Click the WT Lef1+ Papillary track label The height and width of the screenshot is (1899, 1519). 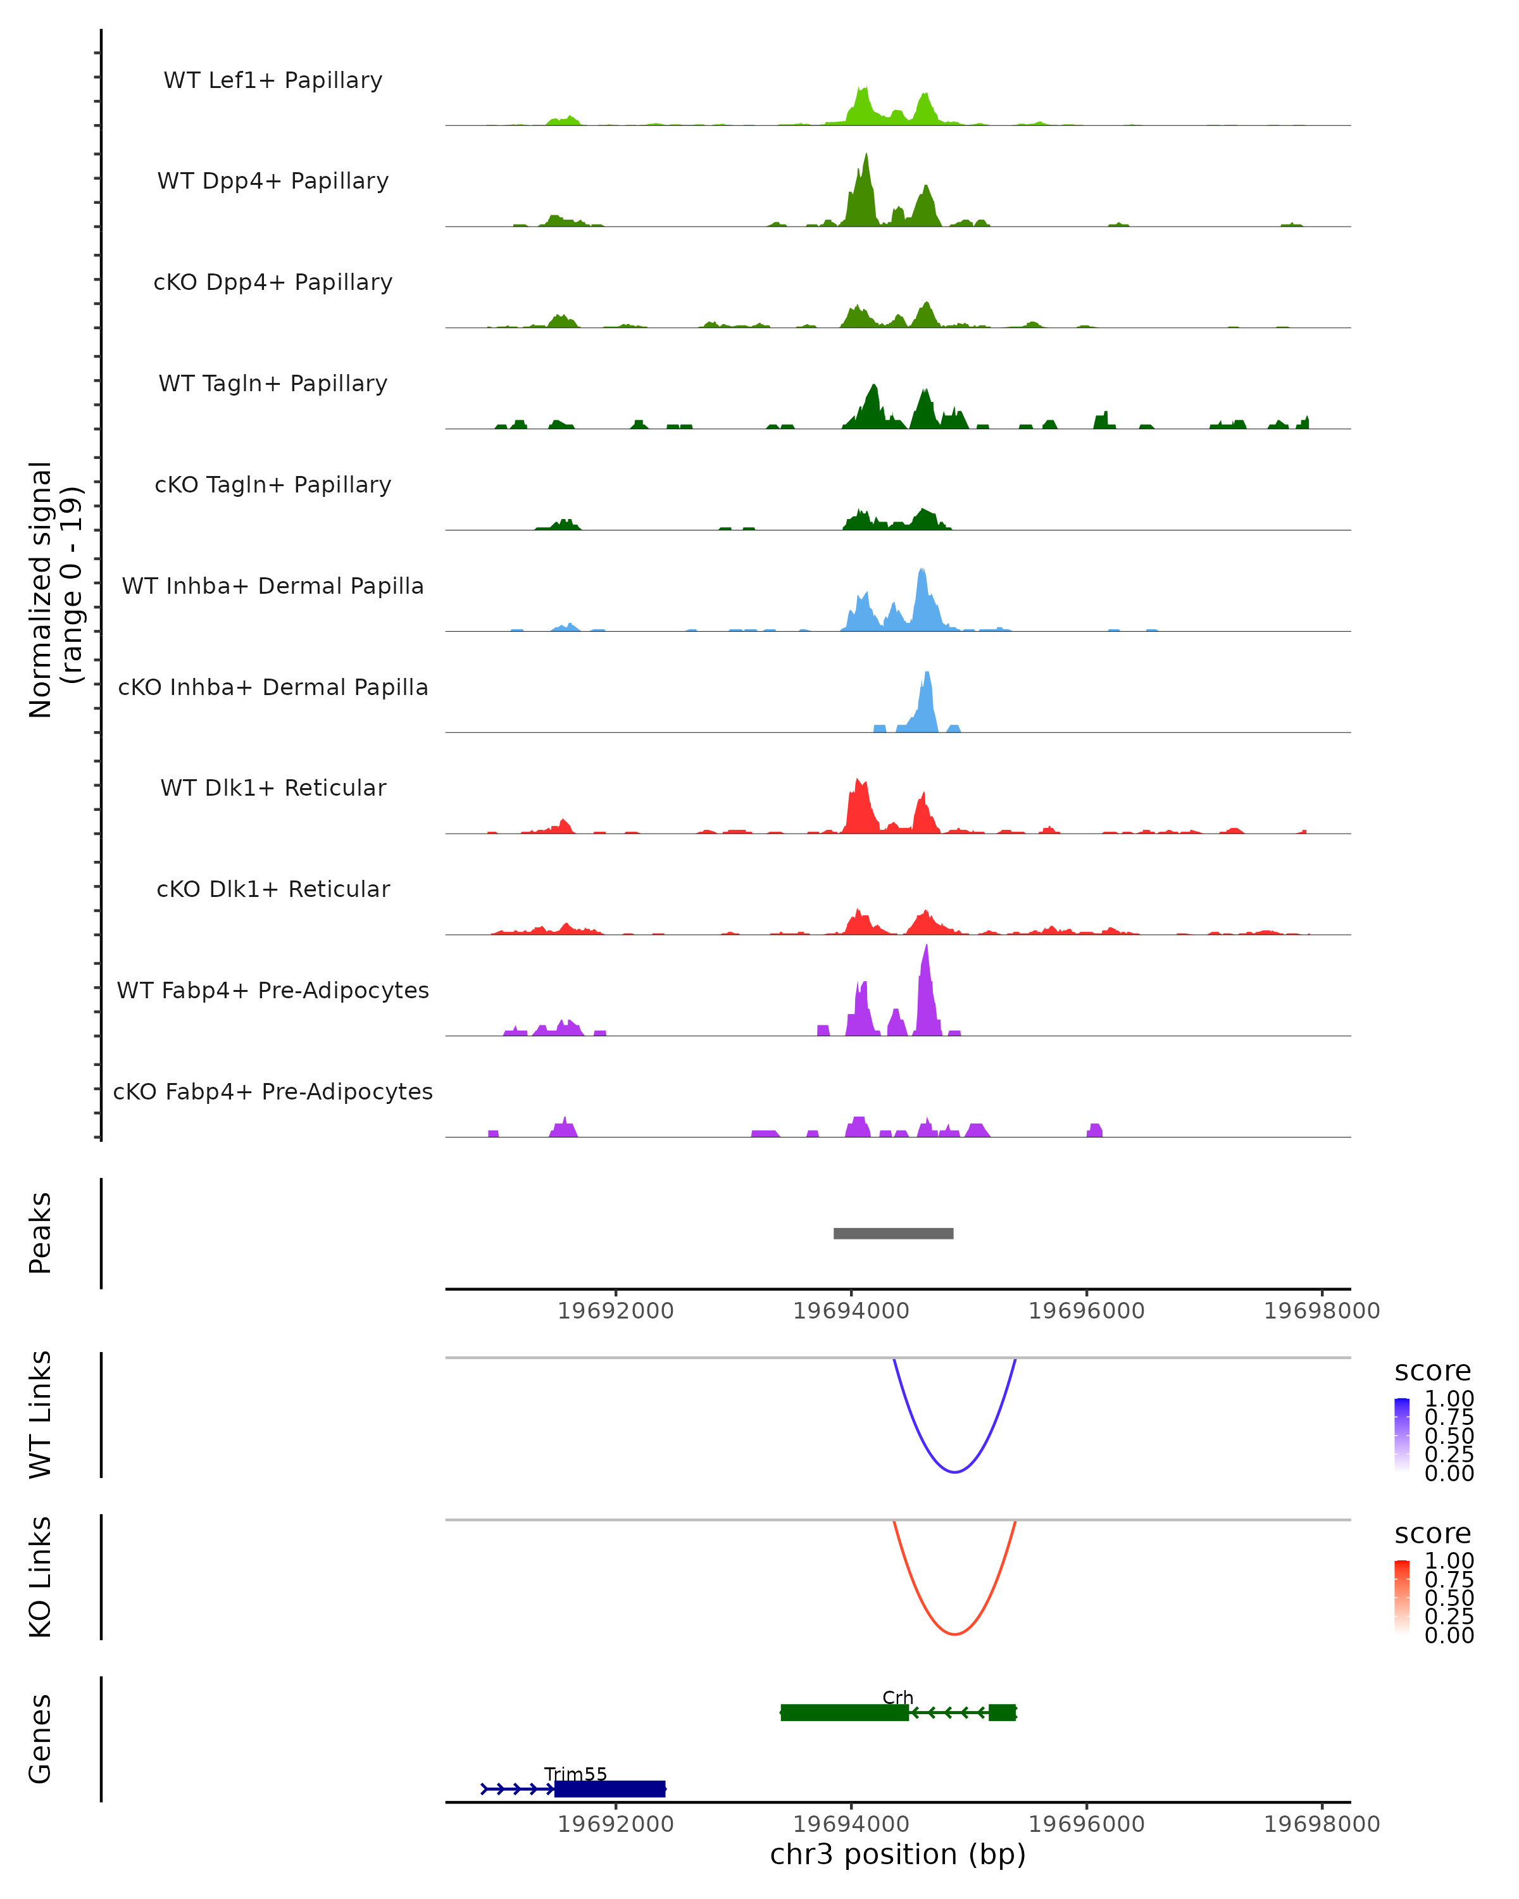(x=273, y=80)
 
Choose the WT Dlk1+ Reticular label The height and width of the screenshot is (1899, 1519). (x=273, y=787)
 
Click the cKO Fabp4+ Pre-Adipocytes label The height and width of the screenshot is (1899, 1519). (x=273, y=1091)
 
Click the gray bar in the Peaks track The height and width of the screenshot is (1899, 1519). (x=893, y=1233)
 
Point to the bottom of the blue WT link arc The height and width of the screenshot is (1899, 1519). (x=954, y=1472)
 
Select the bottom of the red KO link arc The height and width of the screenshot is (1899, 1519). (x=954, y=1634)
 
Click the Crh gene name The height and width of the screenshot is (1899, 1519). (x=897, y=1697)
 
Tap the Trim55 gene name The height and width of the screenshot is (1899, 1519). (x=575, y=1774)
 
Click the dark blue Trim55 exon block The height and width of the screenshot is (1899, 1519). (x=609, y=1789)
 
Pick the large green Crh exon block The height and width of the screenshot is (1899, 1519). (x=844, y=1712)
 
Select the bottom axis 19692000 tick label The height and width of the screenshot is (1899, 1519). (x=616, y=1823)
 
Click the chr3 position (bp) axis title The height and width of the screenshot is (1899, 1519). (x=897, y=1855)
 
